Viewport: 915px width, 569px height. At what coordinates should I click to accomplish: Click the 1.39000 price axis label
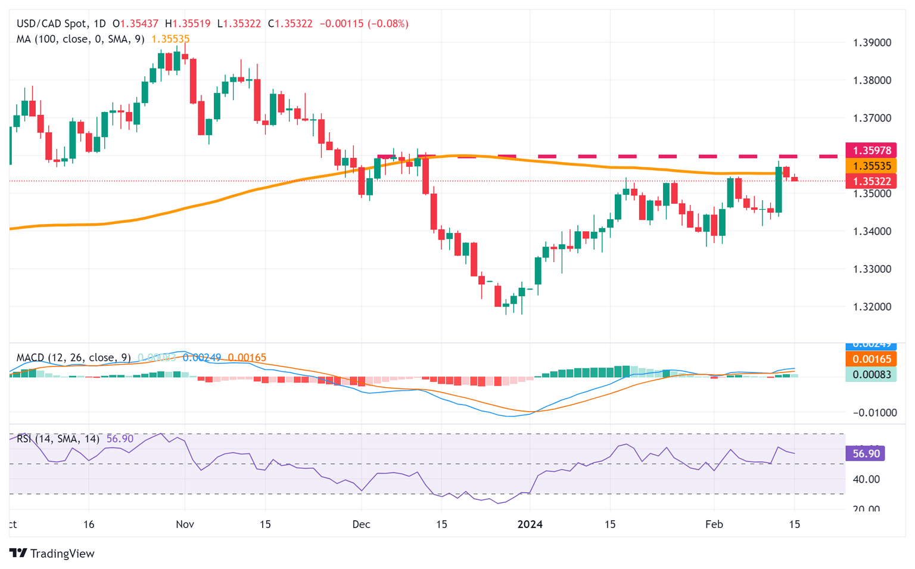[x=872, y=43]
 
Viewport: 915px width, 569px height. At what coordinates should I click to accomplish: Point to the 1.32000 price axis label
[x=872, y=307]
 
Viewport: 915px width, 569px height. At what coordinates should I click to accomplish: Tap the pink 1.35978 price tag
[x=871, y=151]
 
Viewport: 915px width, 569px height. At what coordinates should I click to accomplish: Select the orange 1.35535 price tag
[x=871, y=166]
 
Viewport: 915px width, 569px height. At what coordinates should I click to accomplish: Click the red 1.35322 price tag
[x=871, y=181]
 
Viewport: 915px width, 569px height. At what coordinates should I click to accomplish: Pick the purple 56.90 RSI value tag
[x=866, y=454]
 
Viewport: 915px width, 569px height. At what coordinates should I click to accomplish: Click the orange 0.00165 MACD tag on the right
[x=871, y=359]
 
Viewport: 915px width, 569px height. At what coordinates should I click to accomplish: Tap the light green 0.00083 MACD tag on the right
[x=871, y=374]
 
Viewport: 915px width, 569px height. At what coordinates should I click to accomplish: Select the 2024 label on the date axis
[x=530, y=524]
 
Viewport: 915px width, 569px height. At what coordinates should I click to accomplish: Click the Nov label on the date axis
[x=185, y=524]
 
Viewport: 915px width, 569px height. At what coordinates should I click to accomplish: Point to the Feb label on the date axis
[x=714, y=524]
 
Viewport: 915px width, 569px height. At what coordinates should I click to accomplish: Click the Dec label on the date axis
[x=361, y=524]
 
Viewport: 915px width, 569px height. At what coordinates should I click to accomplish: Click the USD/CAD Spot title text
[x=52, y=24]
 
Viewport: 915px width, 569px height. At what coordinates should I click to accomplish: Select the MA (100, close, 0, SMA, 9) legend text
[x=80, y=39]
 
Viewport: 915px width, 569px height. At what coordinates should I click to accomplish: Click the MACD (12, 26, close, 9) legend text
[x=73, y=357]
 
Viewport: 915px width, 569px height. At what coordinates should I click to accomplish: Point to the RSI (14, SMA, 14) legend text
[x=58, y=439]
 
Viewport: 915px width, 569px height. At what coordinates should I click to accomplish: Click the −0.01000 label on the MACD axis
[x=874, y=413]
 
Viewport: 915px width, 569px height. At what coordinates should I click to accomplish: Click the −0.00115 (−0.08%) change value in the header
[x=364, y=24]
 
